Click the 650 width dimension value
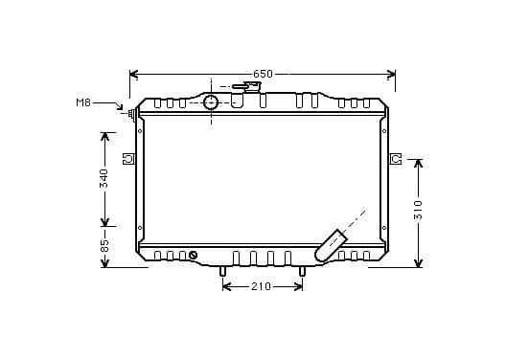pos(263,74)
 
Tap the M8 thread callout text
pos(83,102)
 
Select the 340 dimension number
pos(104,179)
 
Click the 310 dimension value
pos(418,210)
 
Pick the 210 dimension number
pos(261,286)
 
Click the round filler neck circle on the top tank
pos(211,102)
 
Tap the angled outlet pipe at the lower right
pos(331,245)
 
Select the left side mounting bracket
pos(128,158)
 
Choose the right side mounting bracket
pos(396,158)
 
